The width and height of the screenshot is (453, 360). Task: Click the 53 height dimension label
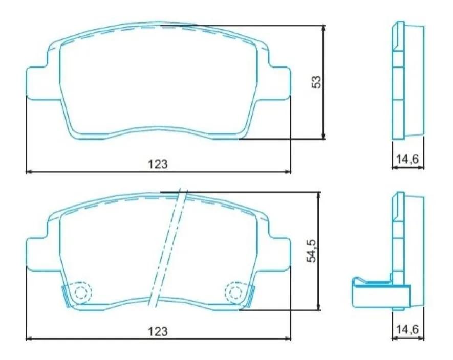coord(317,82)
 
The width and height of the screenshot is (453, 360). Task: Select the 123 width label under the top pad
coord(158,164)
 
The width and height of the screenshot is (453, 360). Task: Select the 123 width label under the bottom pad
coord(158,331)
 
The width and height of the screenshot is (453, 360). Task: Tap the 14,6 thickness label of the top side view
coord(408,159)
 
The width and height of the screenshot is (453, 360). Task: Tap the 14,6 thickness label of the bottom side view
coord(408,330)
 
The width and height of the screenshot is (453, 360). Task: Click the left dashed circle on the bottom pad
coord(80,292)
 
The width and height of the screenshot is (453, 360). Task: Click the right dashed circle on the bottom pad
coord(235,292)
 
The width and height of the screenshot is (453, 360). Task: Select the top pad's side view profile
coord(408,80)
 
